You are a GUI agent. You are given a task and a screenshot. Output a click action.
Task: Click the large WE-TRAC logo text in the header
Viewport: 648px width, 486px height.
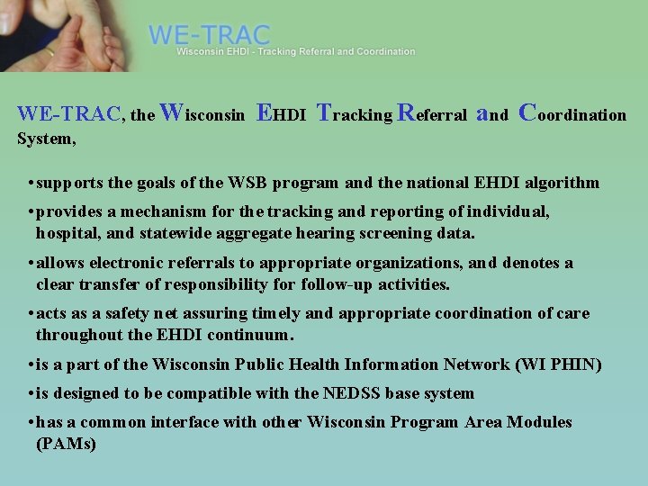209,35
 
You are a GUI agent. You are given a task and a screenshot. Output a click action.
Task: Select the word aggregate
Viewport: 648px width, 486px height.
265,232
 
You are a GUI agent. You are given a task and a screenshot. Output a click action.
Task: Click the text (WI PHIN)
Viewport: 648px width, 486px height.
558,364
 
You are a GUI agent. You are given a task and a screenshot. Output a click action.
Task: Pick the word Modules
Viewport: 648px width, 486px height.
539,422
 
